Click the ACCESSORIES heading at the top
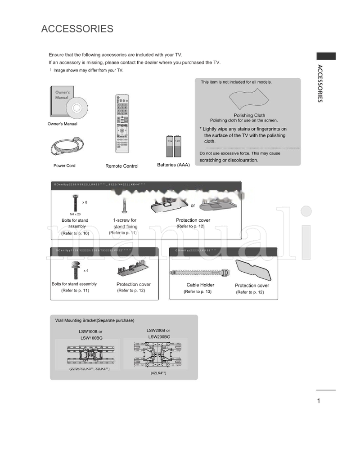(77, 29)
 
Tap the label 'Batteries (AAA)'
(173, 165)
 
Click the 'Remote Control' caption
(122, 166)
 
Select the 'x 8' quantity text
(85, 202)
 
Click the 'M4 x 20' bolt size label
(75, 214)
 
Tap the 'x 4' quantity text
(85, 271)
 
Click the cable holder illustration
(200, 273)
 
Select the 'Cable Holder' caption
(200, 285)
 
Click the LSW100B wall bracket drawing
(88, 354)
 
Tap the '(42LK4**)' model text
(158, 373)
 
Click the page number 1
(319, 401)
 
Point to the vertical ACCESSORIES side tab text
(319, 84)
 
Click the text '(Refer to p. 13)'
(197, 291)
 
